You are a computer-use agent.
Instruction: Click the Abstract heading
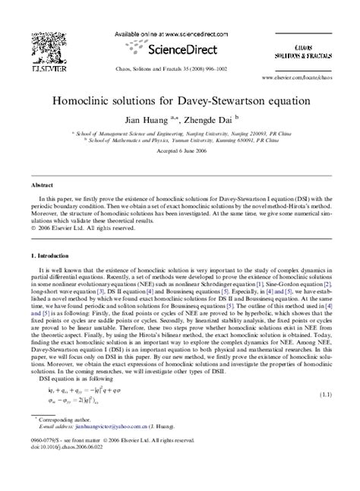coord(39,184)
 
